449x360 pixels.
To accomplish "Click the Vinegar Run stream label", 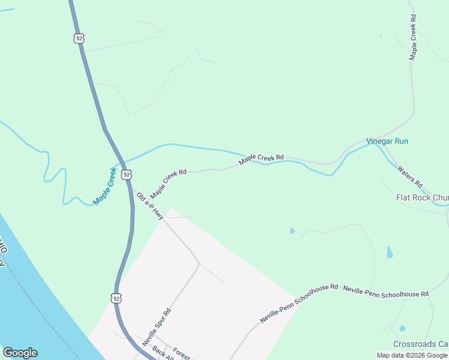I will (387, 141).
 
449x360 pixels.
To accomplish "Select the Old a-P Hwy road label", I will (150, 206).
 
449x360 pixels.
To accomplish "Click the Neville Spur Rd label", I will (157, 328).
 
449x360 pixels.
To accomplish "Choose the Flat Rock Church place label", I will (422, 197).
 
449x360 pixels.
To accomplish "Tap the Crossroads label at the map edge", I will (421, 344).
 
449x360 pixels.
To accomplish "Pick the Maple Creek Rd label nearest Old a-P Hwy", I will (169, 184).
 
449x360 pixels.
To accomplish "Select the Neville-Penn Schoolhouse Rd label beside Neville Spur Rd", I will (300, 304).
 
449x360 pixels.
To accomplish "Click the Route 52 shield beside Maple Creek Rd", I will (125, 174).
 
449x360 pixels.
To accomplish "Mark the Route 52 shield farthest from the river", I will (79, 38).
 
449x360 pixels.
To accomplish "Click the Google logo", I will (20, 353).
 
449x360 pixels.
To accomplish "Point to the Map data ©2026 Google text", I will (412, 355).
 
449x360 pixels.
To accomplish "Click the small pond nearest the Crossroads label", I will (402, 328).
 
